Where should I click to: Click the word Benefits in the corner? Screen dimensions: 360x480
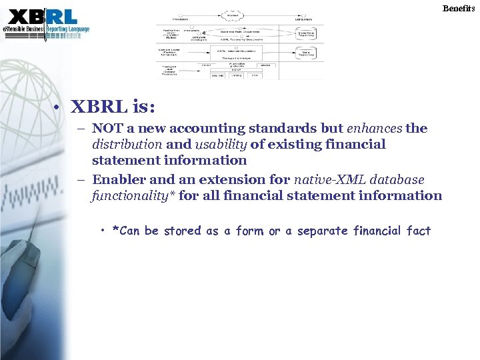pos(461,8)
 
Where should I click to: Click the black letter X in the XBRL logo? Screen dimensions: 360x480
pos(19,16)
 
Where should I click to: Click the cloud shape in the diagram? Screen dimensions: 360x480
pos(233,15)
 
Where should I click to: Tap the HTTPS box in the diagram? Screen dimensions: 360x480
pos(237,75)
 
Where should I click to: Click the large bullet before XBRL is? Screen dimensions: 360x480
pos(59,108)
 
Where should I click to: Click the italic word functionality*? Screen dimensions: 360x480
pos(133,195)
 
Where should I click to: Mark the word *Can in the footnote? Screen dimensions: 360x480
pos(126,231)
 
